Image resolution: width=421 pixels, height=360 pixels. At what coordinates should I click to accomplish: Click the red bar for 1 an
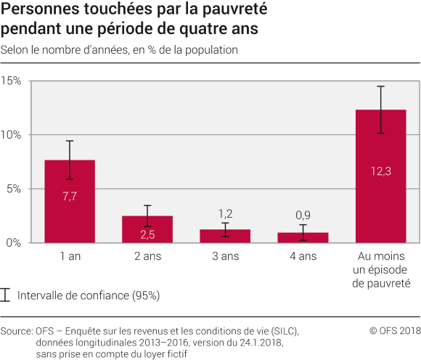pos(70,201)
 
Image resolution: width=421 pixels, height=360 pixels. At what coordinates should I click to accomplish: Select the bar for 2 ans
pos(147,229)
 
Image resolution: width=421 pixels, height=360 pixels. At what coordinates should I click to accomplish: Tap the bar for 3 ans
pos(225,236)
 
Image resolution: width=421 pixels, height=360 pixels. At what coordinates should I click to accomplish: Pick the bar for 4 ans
pos(303,237)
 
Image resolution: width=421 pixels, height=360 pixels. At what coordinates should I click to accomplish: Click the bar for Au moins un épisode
pos(380,176)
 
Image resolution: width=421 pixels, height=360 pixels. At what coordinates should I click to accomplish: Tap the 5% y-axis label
pos(14,189)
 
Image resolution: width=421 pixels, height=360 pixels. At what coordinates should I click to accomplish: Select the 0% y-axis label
pos(14,242)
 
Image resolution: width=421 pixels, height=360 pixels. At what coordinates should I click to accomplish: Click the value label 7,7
pos(70,197)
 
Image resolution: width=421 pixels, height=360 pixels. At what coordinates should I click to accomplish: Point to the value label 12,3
pos(380,171)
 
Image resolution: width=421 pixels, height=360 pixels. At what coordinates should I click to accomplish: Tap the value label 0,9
pos(303,215)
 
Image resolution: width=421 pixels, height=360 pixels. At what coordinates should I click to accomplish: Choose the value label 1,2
pos(225,213)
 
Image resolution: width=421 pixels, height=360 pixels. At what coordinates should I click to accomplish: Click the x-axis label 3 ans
pos(225,256)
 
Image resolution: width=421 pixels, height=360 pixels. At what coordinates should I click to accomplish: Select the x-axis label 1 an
pos(70,256)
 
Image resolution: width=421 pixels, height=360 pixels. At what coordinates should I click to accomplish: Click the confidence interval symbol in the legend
pos(7,295)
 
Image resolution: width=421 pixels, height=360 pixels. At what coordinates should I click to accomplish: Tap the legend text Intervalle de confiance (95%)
pos(88,295)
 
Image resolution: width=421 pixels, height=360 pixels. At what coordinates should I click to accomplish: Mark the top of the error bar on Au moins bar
pos(380,86)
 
